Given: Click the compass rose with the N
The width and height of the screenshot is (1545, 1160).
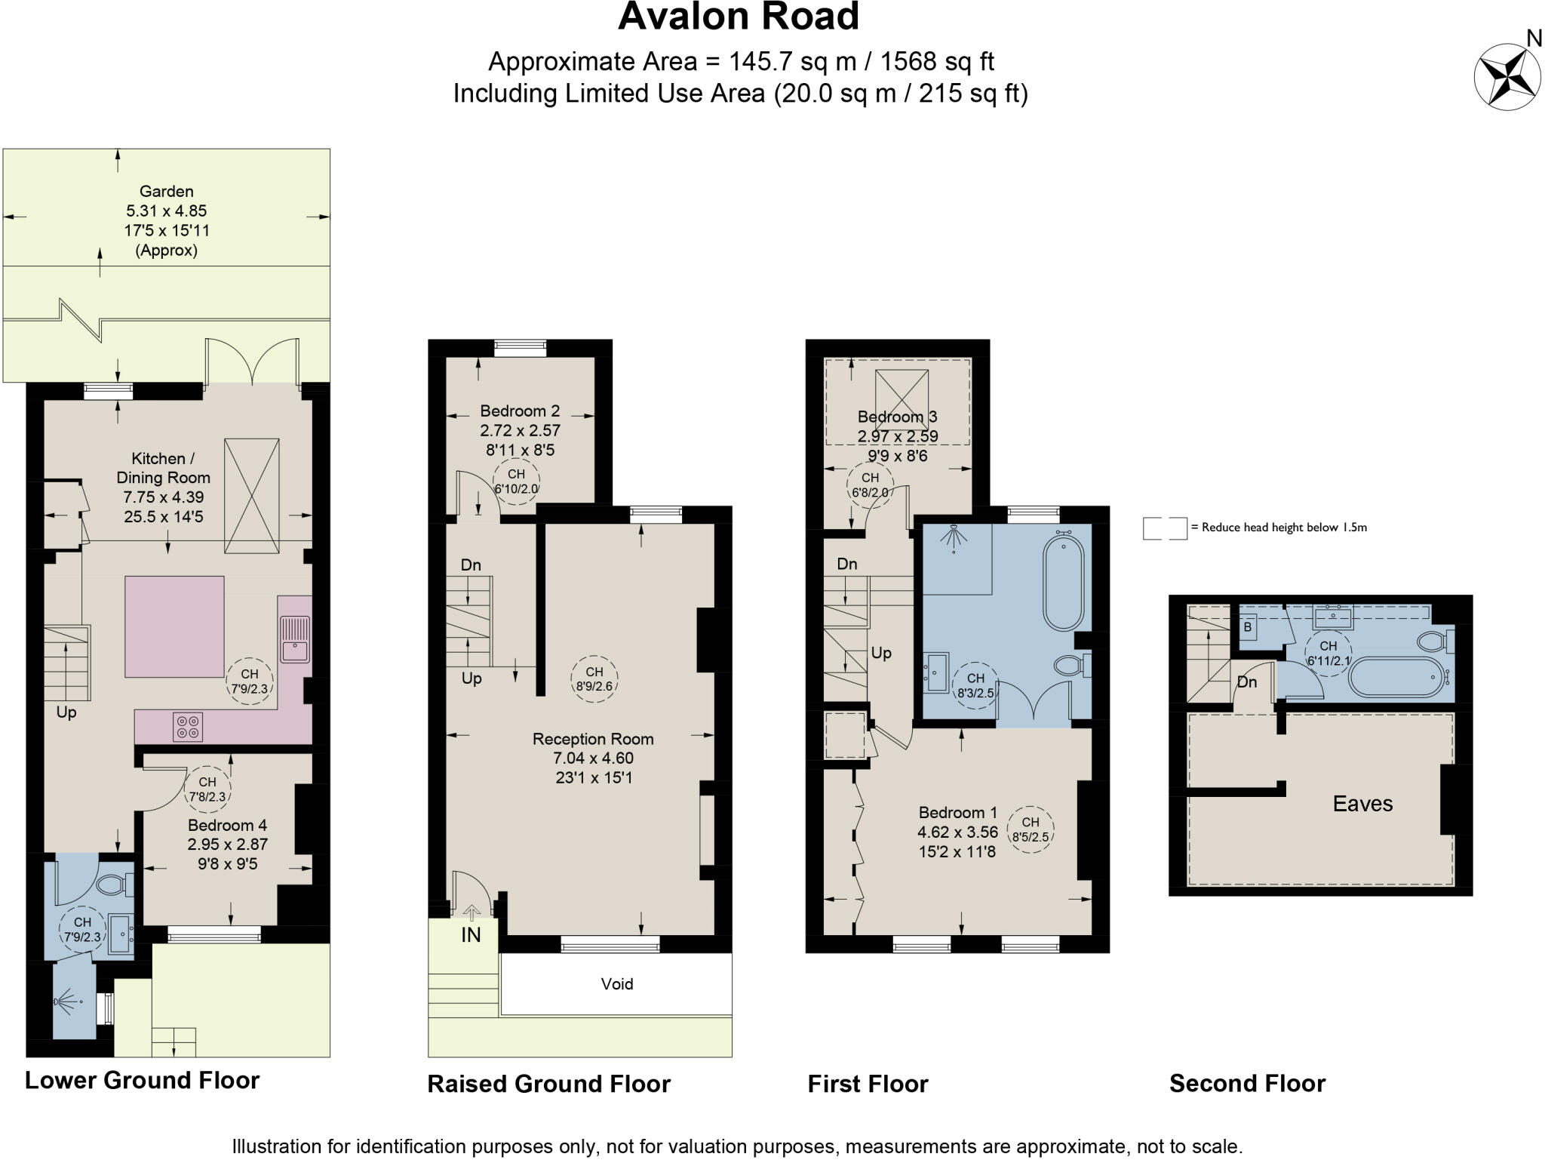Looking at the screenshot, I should coord(1507,78).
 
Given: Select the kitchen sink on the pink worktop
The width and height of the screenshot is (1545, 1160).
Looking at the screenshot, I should coord(294,638).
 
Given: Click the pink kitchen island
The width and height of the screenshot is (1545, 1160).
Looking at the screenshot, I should coord(174,626).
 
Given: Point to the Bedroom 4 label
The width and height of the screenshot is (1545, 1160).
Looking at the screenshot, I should coord(227,825).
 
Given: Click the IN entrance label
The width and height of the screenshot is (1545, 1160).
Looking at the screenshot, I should coord(471,935).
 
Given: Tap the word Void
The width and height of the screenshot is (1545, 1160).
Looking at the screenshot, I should coord(616,983).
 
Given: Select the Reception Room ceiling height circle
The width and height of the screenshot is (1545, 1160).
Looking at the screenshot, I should coord(594,678).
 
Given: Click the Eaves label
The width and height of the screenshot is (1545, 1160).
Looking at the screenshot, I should coord(1362,804).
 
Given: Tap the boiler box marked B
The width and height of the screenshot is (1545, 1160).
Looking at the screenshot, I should coord(1247,627).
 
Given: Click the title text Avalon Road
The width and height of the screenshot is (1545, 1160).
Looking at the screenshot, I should coord(738,17).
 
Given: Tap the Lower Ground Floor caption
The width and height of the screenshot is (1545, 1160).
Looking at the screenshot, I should coord(142,1080).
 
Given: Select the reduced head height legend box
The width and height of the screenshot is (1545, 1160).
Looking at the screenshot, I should coord(1164,528).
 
